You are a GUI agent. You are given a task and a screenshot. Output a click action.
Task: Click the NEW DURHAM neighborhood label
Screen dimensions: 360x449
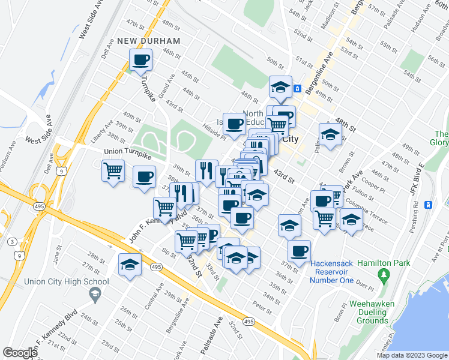[148, 41]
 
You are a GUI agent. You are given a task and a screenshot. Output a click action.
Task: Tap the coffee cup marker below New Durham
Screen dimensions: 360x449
[141, 60]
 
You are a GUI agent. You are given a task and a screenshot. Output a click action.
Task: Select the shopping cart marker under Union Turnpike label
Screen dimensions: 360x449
[113, 172]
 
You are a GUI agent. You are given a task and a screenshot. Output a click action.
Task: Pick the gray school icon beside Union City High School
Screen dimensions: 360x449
[94, 293]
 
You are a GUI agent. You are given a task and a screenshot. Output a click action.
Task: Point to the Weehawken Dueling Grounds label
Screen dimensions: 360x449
[372, 312]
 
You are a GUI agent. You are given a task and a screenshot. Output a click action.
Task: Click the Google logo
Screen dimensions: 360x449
[20, 352]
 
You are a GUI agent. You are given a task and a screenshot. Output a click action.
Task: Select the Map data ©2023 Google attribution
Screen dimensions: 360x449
[411, 355]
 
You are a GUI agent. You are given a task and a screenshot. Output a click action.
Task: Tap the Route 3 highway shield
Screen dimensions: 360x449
[12, 241]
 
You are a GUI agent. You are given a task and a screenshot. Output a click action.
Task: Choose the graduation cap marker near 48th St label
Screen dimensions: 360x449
[330, 135]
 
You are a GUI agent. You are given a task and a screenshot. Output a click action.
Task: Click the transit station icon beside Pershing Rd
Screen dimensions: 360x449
[429, 205]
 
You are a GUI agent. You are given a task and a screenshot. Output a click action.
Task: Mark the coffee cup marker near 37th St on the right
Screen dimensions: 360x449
[299, 251]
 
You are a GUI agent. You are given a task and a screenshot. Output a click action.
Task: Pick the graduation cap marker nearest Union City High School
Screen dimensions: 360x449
[130, 265]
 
